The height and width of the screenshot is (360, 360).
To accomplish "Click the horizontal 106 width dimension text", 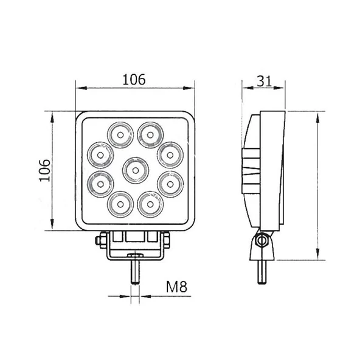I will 134,79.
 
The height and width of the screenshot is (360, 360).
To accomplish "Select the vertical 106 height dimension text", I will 43,171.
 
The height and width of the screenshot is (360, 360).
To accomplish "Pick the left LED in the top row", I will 120,133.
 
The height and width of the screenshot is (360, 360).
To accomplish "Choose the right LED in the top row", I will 149,133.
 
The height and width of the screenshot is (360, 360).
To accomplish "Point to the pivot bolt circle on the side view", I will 263,241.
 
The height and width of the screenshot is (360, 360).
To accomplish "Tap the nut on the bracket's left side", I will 99,242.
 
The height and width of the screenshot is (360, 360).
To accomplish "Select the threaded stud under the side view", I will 262,269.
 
